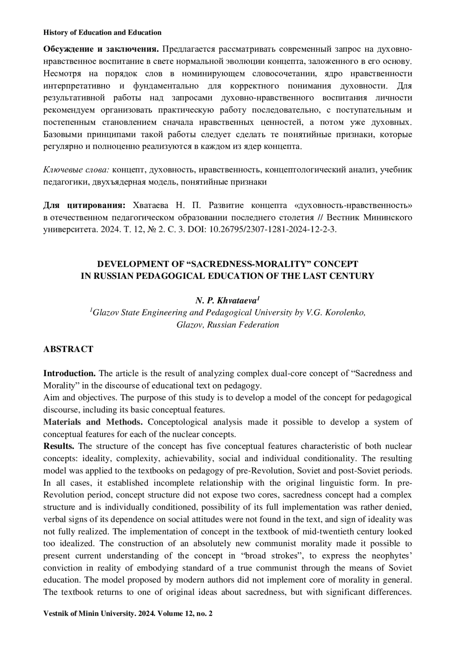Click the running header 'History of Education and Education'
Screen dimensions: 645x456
[x=102, y=33]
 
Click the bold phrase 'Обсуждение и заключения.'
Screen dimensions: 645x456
[x=101, y=49]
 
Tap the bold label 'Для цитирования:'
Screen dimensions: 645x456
[x=84, y=206]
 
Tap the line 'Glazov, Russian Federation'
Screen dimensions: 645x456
[x=228, y=325]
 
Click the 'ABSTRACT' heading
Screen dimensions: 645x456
[x=68, y=349]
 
